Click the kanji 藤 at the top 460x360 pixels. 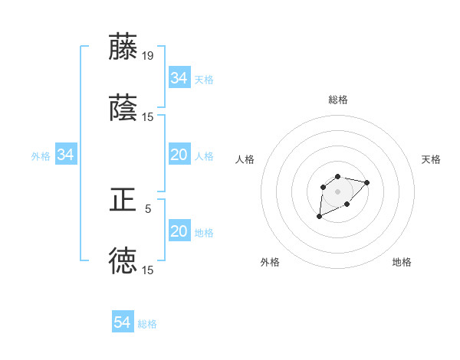pos(123,47)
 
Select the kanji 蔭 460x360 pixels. pos(123,108)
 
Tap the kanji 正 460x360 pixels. pos(123,200)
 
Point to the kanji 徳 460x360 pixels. pos(123,260)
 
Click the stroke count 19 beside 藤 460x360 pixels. pos(148,56)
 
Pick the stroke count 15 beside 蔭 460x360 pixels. pos(148,117)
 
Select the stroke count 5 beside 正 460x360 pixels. pos(148,208)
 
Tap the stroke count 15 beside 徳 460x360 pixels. pos(148,270)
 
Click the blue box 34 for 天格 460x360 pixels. pos(179,78)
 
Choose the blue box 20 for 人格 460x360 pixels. pos(179,155)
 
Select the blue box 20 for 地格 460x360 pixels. pos(179,231)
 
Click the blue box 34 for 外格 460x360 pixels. pos(65,155)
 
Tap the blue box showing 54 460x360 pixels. pos(123,322)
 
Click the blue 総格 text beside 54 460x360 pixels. pos(147,324)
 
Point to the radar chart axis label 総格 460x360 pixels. pos(338,100)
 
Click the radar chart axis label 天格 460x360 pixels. pos(432,159)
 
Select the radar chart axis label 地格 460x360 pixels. pos(402,262)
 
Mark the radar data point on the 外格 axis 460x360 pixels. pos(320,217)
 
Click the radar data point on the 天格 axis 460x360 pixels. pos(366,182)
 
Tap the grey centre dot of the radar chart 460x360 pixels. pos(337,191)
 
